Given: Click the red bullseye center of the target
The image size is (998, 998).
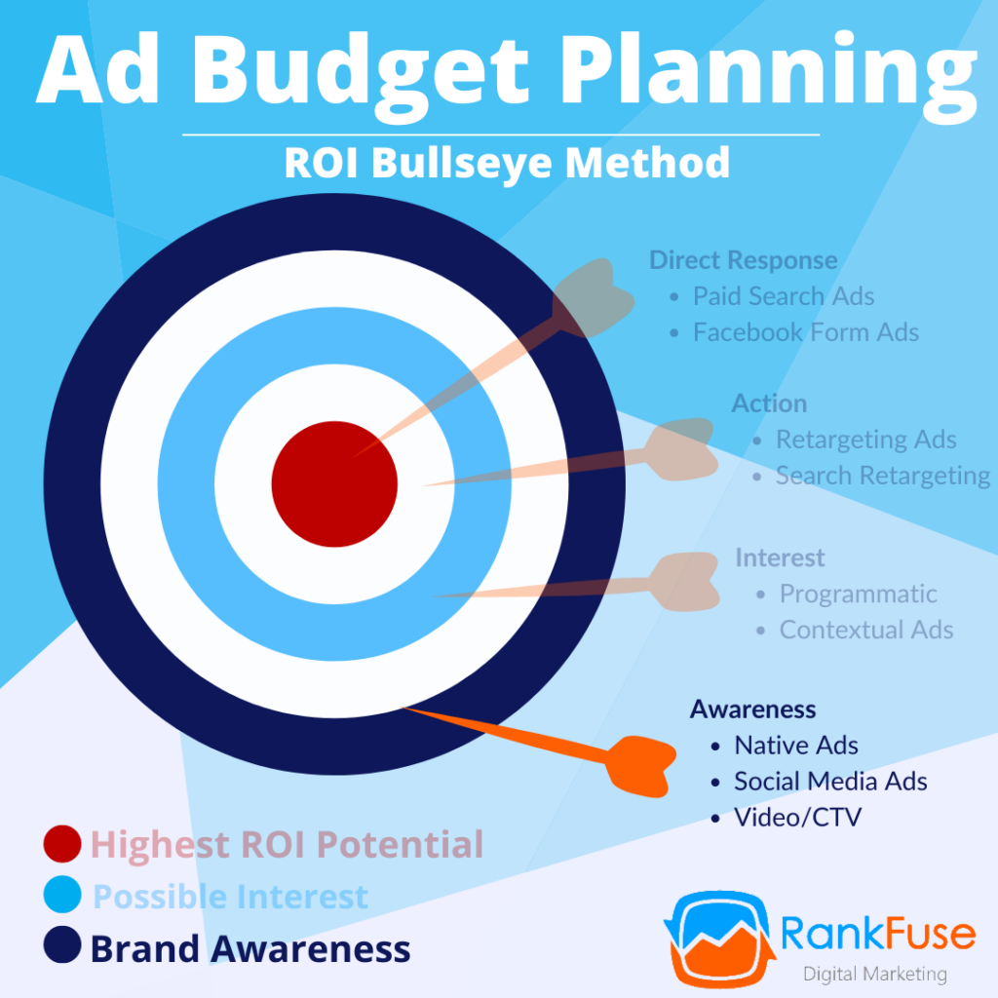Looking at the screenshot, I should pos(334,484).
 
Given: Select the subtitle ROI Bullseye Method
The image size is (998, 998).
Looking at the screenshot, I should pos(507,162).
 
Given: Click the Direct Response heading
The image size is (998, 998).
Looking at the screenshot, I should pos(743,260).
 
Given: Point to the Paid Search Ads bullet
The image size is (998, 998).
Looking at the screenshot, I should pos(784,296).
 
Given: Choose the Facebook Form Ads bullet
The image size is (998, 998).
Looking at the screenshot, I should pos(805,332).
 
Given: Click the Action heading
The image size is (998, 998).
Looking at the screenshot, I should pos(769,403).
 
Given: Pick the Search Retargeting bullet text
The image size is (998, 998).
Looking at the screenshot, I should pos(882,476).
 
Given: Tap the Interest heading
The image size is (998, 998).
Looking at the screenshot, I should pos(780,557).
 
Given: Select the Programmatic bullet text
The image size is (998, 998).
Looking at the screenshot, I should pos(858,594).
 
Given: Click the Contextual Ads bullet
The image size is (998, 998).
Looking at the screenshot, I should pos(865,630).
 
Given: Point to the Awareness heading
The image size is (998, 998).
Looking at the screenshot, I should pos(752,709).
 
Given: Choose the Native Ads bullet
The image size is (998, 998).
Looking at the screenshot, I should pos(795,746).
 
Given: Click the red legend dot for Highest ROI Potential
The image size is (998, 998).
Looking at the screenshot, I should pos(62,844).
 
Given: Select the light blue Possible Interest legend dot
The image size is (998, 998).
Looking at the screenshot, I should pos(62,896).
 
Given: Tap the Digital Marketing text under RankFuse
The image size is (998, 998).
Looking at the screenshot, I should pos(874,974).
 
